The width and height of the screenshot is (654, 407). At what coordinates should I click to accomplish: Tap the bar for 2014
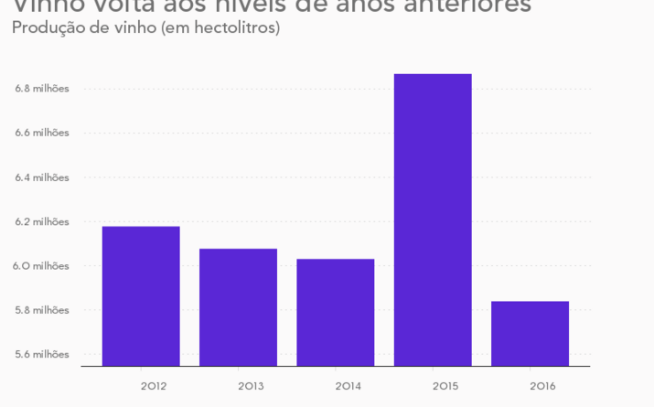click(x=336, y=312)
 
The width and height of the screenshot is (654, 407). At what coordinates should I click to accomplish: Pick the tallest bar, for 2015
click(x=433, y=220)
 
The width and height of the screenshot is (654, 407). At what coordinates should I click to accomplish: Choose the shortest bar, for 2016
click(x=530, y=333)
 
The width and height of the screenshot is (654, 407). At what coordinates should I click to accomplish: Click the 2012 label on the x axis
click(x=154, y=386)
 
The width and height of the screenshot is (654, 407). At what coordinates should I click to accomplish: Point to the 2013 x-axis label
click(x=251, y=386)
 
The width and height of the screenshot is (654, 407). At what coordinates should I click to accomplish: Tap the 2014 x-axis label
click(x=348, y=386)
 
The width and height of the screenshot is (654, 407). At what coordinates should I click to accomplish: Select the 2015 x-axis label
click(x=445, y=386)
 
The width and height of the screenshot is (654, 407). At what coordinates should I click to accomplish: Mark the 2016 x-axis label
click(x=542, y=386)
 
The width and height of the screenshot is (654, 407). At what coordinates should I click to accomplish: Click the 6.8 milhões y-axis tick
click(x=42, y=89)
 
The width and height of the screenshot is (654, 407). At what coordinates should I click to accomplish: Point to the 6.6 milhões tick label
click(x=42, y=133)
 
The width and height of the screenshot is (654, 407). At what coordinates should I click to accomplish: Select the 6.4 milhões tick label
click(x=42, y=177)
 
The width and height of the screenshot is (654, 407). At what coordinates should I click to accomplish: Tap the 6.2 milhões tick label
click(x=42, y=221)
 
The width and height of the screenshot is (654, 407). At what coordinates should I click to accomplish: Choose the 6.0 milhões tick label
click(x=42, y=266)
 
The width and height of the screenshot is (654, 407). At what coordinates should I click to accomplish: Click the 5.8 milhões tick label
click(x=42, y=310)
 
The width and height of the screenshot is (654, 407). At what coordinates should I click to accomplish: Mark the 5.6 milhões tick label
click(x=42, y=354)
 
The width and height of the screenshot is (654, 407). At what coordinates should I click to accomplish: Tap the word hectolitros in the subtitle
click(x=233, y=28)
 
